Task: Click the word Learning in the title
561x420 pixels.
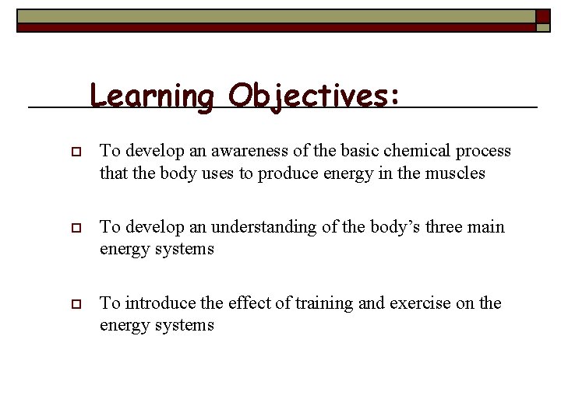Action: (151, 96)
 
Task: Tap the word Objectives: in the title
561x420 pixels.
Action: (314, 96)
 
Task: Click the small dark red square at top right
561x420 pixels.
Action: (542, 16)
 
